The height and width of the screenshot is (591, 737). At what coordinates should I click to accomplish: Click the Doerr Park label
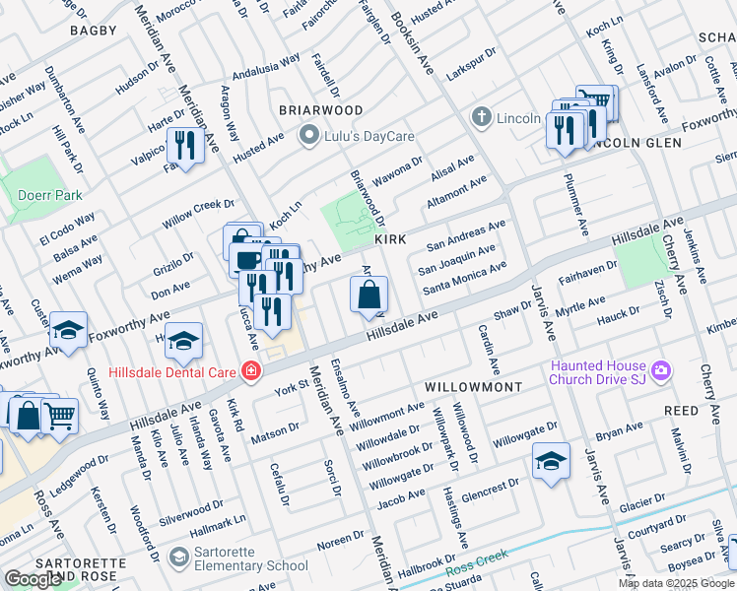pyautogui.click(x=49, y=195)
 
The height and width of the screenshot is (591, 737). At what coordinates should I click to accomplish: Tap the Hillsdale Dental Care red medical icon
pyautogui.click(x=252, y=371)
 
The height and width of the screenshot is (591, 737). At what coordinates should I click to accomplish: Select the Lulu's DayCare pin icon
pyautogui.click(x=308, y=136)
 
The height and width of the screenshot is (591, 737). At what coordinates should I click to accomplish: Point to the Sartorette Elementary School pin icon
pyautogui.click(x=178, y=558)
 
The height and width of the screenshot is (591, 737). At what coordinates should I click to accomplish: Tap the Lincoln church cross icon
pyautogui.click(x=482, y=117)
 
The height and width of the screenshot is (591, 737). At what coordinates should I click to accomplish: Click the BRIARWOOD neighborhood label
pyautogui.click(x=320, y=110)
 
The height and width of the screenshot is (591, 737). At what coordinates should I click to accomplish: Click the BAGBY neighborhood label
pyautogui.click(x=94, y=32)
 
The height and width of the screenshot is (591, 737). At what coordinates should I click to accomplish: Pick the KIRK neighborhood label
pyautogui.click(x=389, y=240)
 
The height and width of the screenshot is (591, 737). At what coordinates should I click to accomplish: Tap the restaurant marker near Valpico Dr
pyautogui.click(x=184, y=147)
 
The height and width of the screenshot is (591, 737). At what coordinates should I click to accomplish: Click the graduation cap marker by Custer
pyautogui.click(x=68, y=330)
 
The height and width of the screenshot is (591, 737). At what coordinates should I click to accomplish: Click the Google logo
pyautogui.click(x=33, y=579)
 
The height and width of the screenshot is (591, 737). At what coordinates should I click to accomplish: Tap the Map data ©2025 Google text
pyautogui.click(x=675, y=583)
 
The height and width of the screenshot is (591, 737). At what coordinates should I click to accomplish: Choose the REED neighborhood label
pyautogui.click(x=681, y=410)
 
